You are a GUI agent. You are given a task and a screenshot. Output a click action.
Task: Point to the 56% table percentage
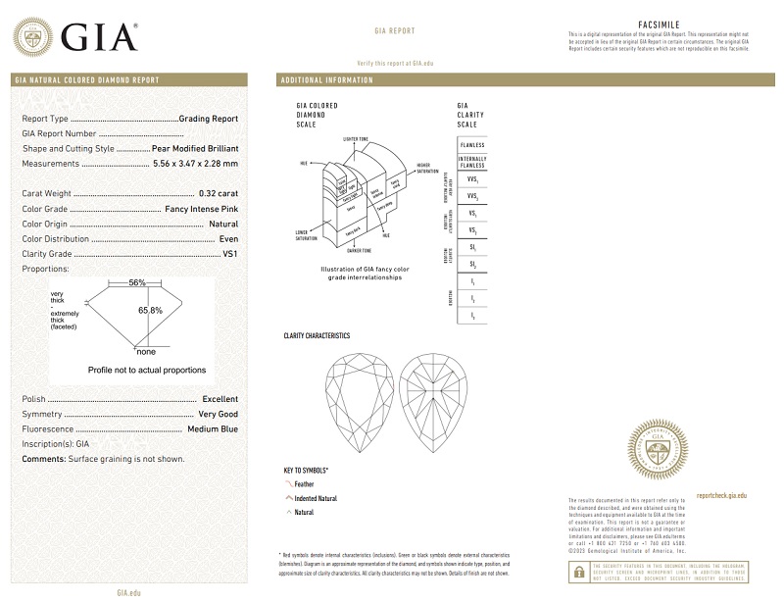tap(137, 282)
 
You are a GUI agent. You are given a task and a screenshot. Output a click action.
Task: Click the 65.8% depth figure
tap(150, 310)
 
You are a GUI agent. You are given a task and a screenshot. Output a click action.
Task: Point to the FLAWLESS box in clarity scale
tap(472, 145)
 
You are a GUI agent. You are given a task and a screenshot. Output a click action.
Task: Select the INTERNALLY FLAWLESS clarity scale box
tap(472, 163)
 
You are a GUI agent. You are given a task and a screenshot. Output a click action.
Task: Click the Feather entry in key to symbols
tap(306, 484)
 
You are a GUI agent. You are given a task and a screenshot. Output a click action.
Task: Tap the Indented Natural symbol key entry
tap(315, 498)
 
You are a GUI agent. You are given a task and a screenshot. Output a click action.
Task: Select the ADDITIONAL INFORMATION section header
tap(326, 78)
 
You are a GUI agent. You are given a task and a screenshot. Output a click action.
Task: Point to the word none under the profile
tap(146, 351)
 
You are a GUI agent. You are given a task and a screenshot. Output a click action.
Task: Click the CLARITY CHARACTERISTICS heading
tap(316, 335)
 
